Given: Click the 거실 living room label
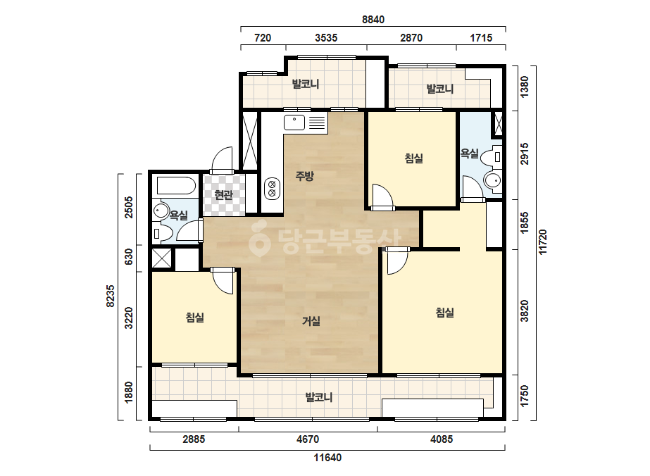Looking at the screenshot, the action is (311, 321).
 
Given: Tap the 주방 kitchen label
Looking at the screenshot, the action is (304, 176).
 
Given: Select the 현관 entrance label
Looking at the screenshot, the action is (223, 194).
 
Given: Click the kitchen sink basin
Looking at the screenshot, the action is (294, 123).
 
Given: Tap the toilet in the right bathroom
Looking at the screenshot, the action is (493, 157).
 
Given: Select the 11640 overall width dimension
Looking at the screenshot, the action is (327, 458).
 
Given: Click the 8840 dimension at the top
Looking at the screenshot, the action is (373, 20).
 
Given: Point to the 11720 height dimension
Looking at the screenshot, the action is (543, 242).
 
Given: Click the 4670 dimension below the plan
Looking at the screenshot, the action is (308, 439).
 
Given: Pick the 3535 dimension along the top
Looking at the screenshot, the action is (326, 38).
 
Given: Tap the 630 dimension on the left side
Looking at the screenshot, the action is (129, 257).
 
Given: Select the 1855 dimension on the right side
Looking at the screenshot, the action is (525, 223).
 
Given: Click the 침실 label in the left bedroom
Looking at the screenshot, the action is (195, 318).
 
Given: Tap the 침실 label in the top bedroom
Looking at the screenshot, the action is (413, 158).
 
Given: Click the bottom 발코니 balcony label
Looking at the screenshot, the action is (319, 397).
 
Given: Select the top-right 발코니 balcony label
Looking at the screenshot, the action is (440, 89).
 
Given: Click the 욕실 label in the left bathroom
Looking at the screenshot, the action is (179, 215).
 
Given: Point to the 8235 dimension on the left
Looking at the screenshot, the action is (111, 296).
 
